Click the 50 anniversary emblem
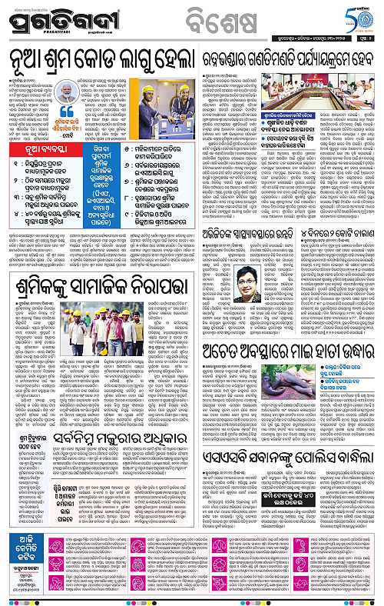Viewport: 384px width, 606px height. click(352, 16)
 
